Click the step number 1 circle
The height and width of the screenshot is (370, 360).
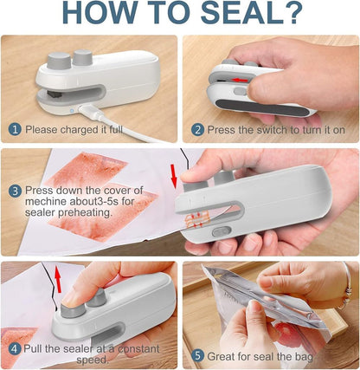click(15, 130)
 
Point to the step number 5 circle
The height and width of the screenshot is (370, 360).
click(198, 354)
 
